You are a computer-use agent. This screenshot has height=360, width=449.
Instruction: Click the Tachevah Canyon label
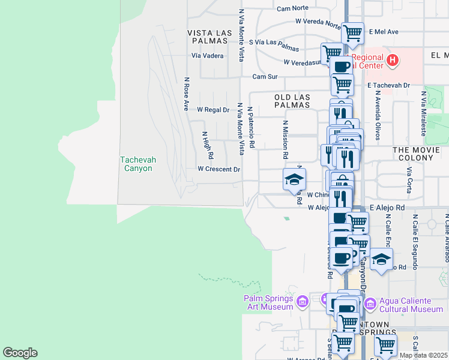point(136,164)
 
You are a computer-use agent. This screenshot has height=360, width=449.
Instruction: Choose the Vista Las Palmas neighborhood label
point(208,37)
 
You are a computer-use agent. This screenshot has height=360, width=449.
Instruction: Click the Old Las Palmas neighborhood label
point(292,101)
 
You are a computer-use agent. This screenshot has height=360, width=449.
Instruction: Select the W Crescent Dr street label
point(219,169)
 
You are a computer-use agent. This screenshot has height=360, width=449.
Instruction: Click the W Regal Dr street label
point(214,110)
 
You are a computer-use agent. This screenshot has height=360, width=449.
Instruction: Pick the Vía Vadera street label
point(208,56)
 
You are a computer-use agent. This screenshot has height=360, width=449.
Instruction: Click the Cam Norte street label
point(292,8)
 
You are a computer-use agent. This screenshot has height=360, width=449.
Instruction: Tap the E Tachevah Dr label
point(388,86)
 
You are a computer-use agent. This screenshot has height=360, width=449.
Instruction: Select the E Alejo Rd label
point(388,207)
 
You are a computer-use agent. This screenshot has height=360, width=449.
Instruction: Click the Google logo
point(20,353)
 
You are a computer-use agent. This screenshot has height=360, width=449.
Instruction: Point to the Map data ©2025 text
point(423,355)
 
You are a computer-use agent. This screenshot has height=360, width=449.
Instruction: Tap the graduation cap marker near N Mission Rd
point(294,179)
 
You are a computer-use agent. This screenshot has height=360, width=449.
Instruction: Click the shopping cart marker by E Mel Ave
point(352,33)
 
